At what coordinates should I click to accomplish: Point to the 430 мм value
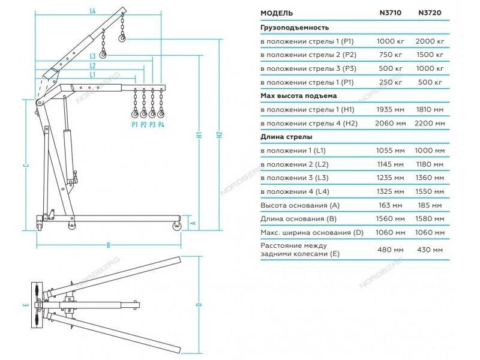432,250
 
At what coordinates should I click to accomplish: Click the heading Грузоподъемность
295,27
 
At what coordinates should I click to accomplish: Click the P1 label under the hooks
134,125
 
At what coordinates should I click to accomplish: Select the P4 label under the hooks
161,125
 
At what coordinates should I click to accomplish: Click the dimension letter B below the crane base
109,245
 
